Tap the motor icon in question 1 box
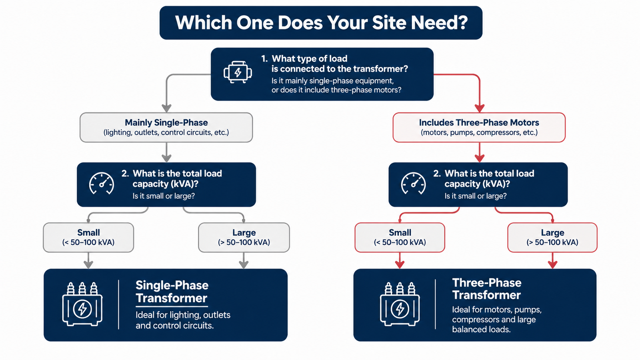point(238,72)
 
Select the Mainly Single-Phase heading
point(166,122)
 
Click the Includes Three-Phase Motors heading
point(479,122)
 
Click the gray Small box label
point(88,232)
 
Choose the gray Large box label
point(244,232)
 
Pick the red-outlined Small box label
point(400,232)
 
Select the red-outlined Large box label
point(552,232)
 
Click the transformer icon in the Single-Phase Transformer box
point(82,304)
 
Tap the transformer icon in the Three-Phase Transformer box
point(400,304)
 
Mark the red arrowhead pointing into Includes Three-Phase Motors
point(480,108)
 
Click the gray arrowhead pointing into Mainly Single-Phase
point(166,108)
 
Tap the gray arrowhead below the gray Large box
point(244,264)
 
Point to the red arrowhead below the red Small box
point(400,264)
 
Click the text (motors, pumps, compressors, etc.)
point(479,132)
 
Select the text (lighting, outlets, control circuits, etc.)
point(166,132)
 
